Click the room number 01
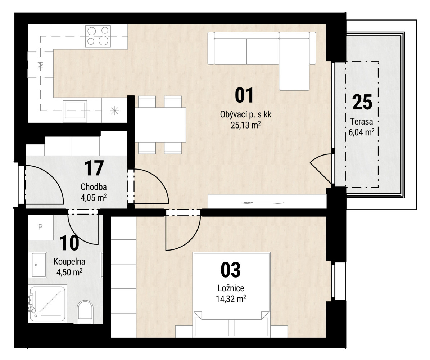click(245, 96)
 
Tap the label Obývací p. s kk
click(246, 114)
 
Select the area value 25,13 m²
click(246, 125)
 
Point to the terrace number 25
click(362, 102)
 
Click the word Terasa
click(361, 121)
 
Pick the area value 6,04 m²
click(361, 132)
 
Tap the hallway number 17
click(94, 168)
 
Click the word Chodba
click(94, 187)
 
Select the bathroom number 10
click(69, 243)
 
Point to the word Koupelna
click(69, 261)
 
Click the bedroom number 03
click(231, 270)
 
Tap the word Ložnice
click(231, 288)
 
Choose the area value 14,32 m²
click(231, 299)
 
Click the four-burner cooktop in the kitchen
click(98, 36)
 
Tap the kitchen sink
click(75, 111)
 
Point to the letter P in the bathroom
click(40, 227)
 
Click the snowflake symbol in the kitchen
click(115, 111)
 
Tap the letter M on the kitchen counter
click(41, 65)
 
